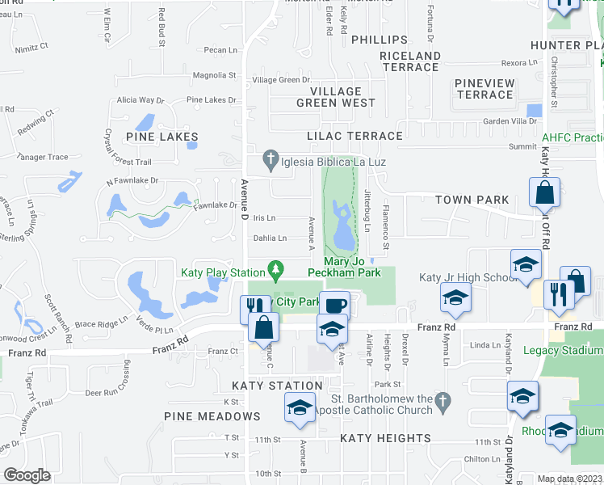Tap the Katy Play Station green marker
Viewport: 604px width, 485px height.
click(x=277, y=268)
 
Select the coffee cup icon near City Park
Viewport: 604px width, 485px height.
click(x=335, y=306)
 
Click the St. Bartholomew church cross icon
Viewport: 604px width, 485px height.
click(x=441, y=401)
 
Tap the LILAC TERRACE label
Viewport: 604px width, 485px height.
click(x=354, y=137)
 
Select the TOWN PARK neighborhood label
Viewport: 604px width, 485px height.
click(x=472, y=200)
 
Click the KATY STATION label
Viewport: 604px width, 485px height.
click(x=266, y=386)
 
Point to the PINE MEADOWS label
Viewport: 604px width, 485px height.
click(x=212, y=416)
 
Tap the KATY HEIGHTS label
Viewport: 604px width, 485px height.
click(x=385, y=438)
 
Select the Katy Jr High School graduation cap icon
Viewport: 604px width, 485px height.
click(x=455, y=299)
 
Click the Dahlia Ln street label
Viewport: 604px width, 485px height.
click(x=271, y=238)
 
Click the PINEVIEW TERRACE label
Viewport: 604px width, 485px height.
click(x=484, y=89)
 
